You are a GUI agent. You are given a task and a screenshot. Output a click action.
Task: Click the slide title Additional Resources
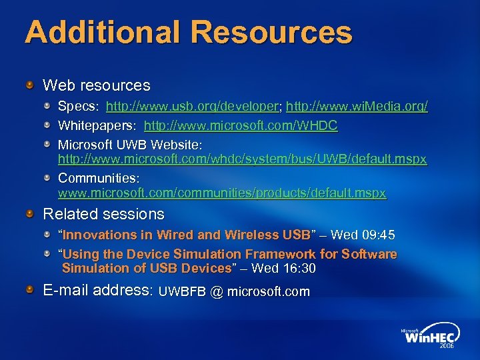click(188, 32)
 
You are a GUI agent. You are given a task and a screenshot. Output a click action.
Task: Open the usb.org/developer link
click(193, 106)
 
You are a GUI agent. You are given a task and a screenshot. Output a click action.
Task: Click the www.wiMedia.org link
click(357, 106)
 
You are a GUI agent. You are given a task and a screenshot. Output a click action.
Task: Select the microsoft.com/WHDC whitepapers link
click(241, 125)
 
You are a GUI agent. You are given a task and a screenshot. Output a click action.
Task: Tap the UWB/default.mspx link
click(243, 160)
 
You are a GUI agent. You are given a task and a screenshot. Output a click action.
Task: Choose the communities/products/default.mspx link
click(222, 193)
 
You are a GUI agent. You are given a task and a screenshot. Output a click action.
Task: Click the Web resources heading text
click(97, 85)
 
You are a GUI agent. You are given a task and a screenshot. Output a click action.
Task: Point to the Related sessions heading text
click(103, 214)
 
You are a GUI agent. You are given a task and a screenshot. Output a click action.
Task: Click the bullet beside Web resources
click(31, 85)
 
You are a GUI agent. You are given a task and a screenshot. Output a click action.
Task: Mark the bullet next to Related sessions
click(31, 213)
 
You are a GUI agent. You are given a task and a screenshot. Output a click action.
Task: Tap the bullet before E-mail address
click(31, 289)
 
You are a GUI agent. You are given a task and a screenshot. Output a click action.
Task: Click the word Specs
click(78, 106)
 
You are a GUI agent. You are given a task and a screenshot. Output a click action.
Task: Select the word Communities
click(97, 179)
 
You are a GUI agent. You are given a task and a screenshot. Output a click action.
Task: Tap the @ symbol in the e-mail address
click(216, 291)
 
